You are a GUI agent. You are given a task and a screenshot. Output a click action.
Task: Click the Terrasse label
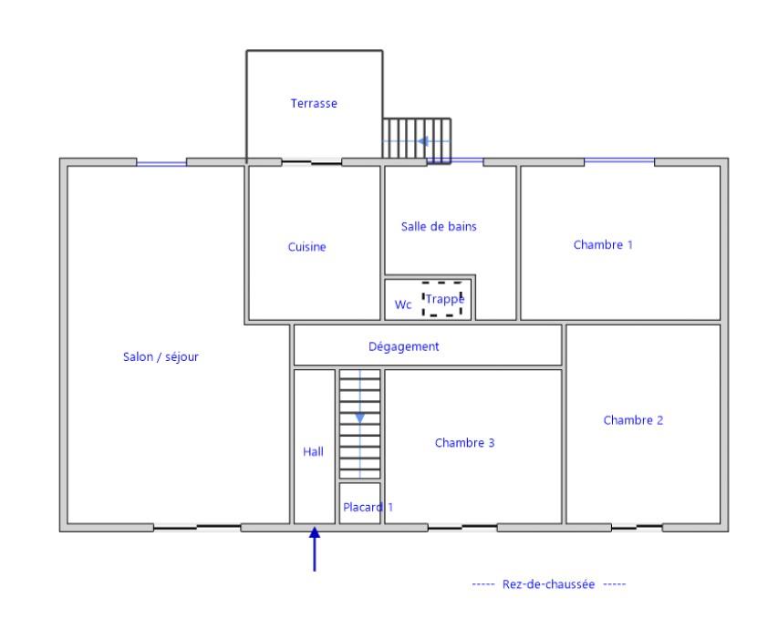click(x=314, y=103)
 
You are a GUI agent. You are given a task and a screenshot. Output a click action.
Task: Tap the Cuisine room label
click(x=306, y=246)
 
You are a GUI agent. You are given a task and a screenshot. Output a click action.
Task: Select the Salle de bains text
click(x=439, y=227)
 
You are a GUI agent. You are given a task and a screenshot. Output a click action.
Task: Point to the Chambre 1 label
click(x=603, y=244)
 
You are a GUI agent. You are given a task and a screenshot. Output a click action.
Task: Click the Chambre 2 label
click(x=633, y=420)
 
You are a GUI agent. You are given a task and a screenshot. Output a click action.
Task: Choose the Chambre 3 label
click(x=464, y=442)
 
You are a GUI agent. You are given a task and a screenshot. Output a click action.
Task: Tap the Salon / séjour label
click(x=161, y=356)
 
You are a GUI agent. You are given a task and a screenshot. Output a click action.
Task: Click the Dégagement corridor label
click(x=403, y=346)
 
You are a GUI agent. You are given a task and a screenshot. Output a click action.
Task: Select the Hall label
click(x=313, y=451)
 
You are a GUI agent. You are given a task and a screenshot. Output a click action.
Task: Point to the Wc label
click(x=403, y=304)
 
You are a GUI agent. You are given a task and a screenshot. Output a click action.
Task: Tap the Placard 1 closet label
click(x=368, y=507)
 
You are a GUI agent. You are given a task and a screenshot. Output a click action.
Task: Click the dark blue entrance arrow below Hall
click(x=314, y=549)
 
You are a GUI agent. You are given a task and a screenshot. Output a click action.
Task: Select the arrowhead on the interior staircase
click(x=359, y=418)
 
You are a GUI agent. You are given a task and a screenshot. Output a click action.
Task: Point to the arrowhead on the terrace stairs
click(x=422, y=141)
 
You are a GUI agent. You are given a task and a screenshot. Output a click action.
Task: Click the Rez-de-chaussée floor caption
click(x=548, y=584)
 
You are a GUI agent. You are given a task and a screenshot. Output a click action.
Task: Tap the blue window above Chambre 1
click(x=619, y=160)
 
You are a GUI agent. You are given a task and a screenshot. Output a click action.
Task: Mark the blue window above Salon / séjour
click(x=161, y=162)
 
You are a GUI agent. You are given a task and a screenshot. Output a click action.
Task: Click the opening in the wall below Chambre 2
click(x=637, y=527)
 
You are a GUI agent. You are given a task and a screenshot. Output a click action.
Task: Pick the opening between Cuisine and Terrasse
click(x=312, y=161)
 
